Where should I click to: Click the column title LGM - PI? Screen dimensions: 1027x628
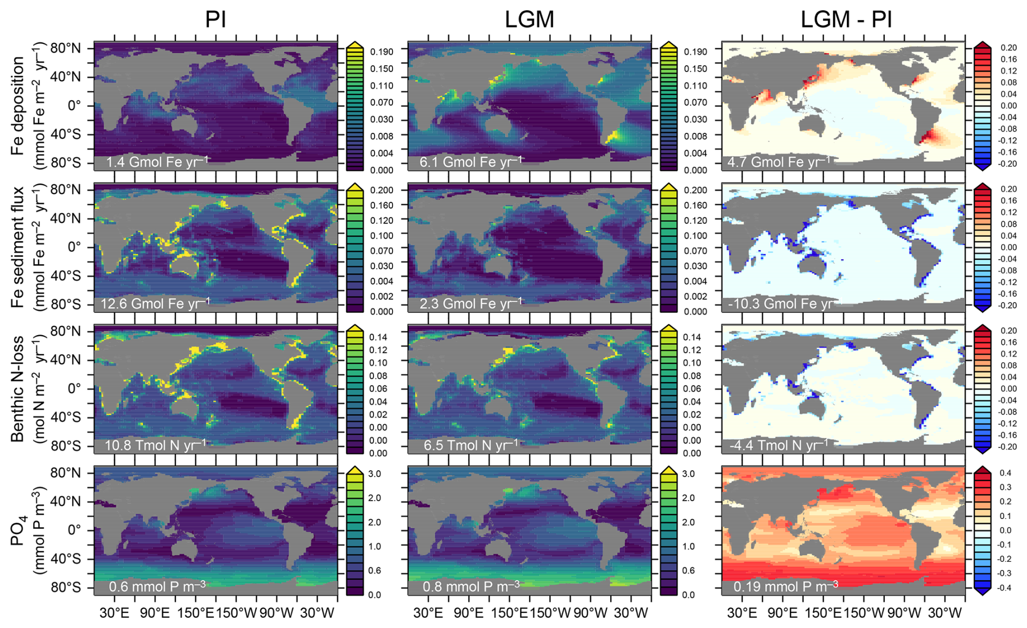846,20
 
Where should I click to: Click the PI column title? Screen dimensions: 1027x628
215,20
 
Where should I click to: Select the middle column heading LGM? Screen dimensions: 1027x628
529,20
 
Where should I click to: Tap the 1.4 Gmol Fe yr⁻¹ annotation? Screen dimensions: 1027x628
157,162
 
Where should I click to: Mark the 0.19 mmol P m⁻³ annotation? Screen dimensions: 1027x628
786,586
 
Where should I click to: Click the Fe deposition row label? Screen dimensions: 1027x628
18,106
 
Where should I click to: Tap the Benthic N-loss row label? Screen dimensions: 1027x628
18,389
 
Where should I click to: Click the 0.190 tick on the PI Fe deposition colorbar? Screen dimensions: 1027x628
382,52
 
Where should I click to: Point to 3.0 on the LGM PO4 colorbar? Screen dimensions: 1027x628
688,474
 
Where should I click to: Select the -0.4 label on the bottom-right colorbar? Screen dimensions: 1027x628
1005,587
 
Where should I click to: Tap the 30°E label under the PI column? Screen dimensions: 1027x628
115,613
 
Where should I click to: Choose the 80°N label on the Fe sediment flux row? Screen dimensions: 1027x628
66,190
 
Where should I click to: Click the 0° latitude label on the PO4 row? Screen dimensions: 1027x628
74,530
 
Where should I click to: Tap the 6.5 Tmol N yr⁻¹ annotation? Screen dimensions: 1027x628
471,445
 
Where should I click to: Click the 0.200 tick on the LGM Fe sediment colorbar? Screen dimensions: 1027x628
695,190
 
